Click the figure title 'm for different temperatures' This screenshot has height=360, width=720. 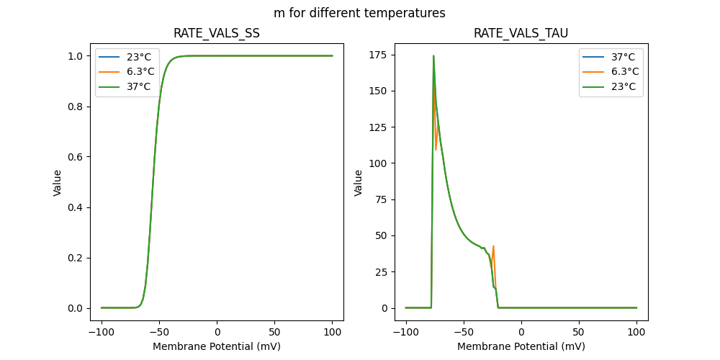pos(359,13)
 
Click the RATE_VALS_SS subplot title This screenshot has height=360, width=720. pos(217,34)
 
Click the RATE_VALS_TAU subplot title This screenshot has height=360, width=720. pos(521,34)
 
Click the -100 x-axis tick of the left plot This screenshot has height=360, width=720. pos(102,333)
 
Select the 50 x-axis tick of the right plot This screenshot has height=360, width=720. pos(579,333)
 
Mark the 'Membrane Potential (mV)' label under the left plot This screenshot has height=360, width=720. pos(217,346)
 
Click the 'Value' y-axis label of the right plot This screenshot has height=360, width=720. pos(358,183)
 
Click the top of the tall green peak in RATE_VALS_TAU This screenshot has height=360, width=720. pos(433,55)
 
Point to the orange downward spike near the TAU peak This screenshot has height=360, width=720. pos(436,149)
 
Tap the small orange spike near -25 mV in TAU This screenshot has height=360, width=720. pos(493,246)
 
